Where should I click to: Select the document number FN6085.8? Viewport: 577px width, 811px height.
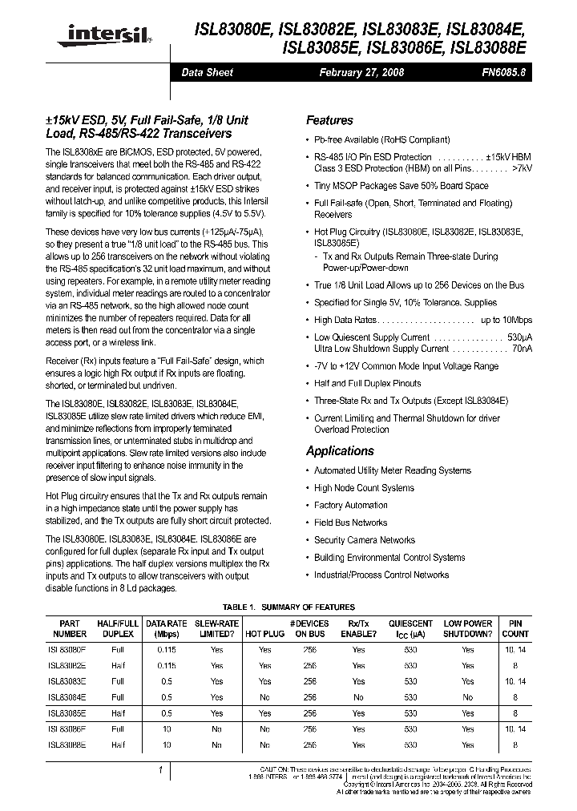point(504,72)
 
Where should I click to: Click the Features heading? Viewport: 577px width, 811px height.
point(329,120)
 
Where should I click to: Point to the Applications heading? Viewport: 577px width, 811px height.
point(340,451)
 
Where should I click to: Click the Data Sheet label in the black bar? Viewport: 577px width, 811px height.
point(208,72)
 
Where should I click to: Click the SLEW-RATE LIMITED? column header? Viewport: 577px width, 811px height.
point(216,628)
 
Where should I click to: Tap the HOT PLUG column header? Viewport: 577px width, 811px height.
point(264,633)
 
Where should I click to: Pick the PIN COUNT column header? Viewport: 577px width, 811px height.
point(514,628)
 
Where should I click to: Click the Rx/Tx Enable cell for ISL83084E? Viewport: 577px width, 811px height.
point(358,697)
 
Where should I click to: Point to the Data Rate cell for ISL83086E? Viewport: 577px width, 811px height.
point(165,729)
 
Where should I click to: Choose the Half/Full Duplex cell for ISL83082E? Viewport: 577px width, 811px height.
point(118,665)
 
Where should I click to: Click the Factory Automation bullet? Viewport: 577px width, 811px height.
point(350,506)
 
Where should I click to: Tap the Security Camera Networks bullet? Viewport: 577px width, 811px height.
point(364,540)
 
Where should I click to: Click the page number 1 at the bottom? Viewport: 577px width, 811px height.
point(161,769)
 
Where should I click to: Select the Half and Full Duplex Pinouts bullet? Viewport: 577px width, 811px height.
point(367,383)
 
